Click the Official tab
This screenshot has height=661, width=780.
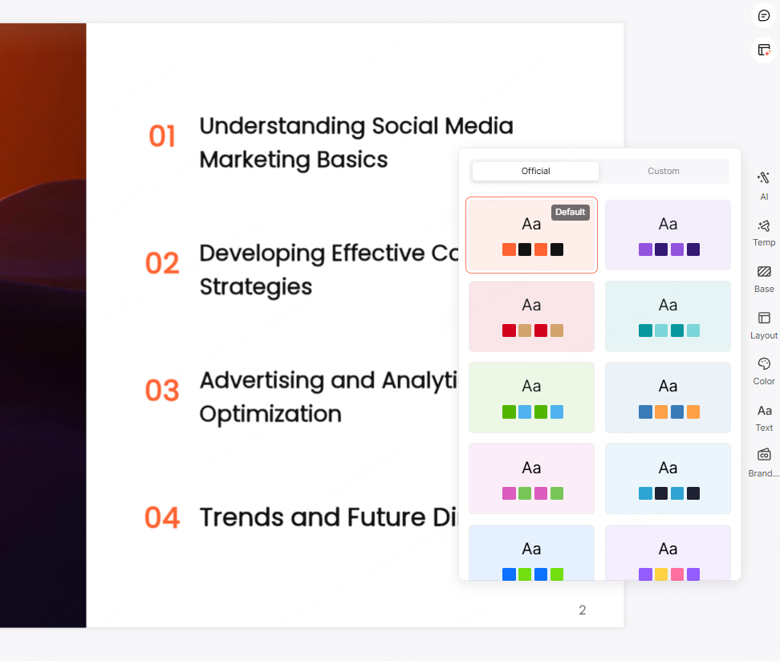[x=535, y=171]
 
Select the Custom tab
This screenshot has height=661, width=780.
[x=664, y=171]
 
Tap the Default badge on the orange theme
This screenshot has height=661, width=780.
[x=570, y=212]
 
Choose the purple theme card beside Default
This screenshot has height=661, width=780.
[x=668, y=235]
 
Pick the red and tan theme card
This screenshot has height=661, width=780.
[x=531, y=316]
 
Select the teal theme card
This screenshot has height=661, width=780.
[x=668, y=316]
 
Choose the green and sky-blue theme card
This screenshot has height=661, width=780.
[x=531, y=397]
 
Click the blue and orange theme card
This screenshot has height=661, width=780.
[x=668, y=397]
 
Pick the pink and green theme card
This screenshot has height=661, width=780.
[x=531, y=478]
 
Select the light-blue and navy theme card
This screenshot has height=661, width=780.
[x=668, y=478]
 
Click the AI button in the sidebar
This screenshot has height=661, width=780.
[x=764, y=185]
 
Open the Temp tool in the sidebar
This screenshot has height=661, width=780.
[x=764, y=232]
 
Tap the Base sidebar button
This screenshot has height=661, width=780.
[x=764, y=278]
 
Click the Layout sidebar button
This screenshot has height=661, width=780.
[x=764, y=324]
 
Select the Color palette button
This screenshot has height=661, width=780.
[x=764, y=370]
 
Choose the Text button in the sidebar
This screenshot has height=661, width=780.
[x=764, y=416]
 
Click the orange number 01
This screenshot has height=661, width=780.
[x=162, y=136]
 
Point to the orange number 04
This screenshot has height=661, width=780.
[x=162, y=517]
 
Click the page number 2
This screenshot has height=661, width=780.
[x=583, y=610]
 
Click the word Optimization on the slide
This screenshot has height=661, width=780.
[x=270, y=414]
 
